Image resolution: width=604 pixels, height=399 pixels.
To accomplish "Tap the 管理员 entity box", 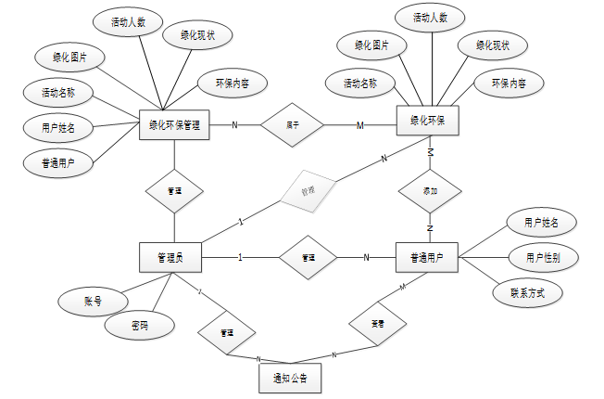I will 170,257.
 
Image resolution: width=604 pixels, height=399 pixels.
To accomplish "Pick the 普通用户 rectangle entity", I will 427,257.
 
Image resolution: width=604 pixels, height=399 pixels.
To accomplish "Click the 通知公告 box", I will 289,378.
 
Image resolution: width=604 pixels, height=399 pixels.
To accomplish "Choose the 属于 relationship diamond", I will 292,124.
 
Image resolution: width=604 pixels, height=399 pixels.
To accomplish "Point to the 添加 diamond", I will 429,191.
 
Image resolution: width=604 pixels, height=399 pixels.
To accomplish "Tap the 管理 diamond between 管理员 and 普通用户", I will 308,257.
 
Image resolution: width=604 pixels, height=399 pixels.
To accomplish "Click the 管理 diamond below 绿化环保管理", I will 174,190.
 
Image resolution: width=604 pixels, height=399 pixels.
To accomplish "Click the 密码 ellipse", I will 139,325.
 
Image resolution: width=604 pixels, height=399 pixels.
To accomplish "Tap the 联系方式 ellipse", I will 527,293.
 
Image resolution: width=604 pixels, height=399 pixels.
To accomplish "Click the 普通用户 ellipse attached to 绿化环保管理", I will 58,163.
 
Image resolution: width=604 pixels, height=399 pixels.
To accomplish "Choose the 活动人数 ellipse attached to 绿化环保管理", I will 127,21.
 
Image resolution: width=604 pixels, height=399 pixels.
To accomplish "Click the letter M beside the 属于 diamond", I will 359,125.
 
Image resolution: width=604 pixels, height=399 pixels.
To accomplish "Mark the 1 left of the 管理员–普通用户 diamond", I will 241,257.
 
